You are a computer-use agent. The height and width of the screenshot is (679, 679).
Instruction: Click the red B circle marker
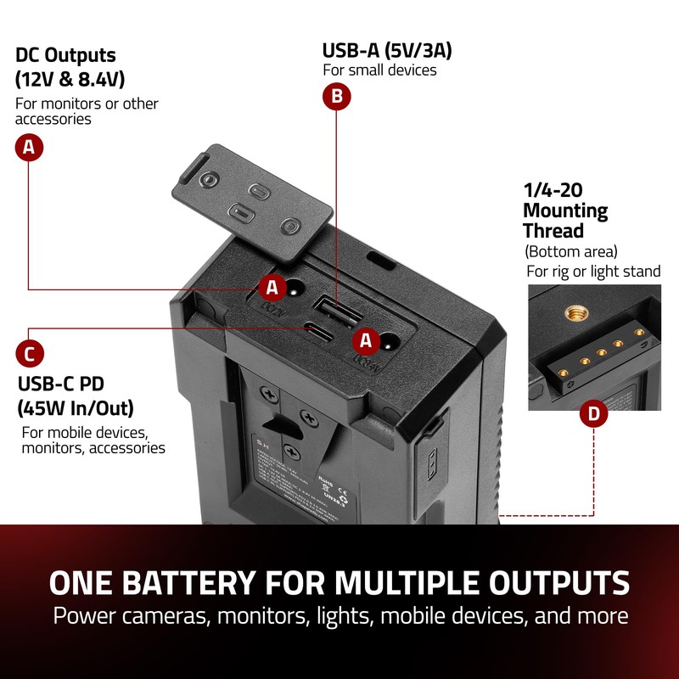(x=337, y=97)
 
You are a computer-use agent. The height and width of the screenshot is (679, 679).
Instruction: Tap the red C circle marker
(x=30, y=353)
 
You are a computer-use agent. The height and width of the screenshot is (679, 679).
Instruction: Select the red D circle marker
(x=593, y=414)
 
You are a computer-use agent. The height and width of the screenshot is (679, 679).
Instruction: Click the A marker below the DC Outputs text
(x=30, y=148)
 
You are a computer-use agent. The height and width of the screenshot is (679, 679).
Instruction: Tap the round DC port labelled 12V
(x=296, y=289)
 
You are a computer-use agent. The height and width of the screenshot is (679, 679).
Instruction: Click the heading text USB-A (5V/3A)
(x=387, y=50)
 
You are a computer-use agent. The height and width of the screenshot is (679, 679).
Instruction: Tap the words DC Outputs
(x=65, y=56)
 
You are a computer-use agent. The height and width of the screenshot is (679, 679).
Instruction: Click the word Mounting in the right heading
(x=565, y=210)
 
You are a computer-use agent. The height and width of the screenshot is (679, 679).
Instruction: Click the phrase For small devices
(x=379, y=70)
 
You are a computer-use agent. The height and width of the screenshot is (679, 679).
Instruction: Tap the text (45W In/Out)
(x=76, y=408)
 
